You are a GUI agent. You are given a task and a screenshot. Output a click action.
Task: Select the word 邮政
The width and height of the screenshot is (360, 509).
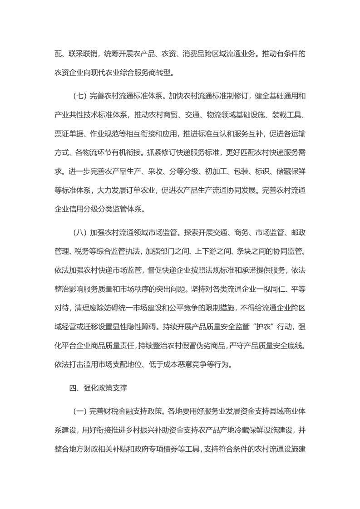pos(294,234)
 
